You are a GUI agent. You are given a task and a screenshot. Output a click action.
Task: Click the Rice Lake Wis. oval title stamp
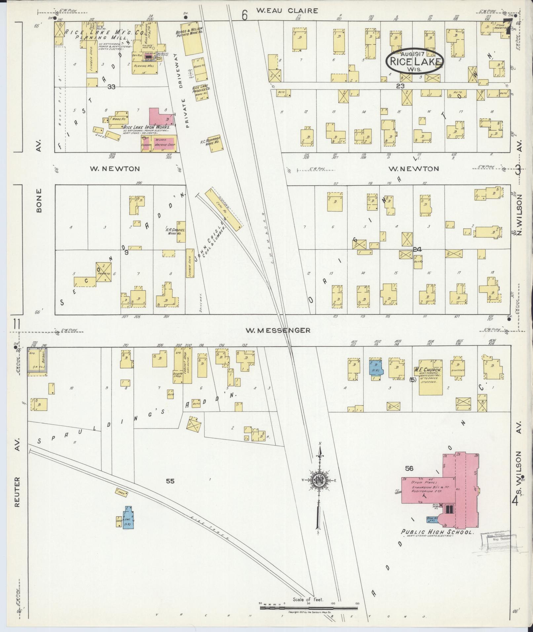click(x=415, y=61)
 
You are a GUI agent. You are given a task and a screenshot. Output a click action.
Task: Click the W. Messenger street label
click(x=278, y=330)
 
